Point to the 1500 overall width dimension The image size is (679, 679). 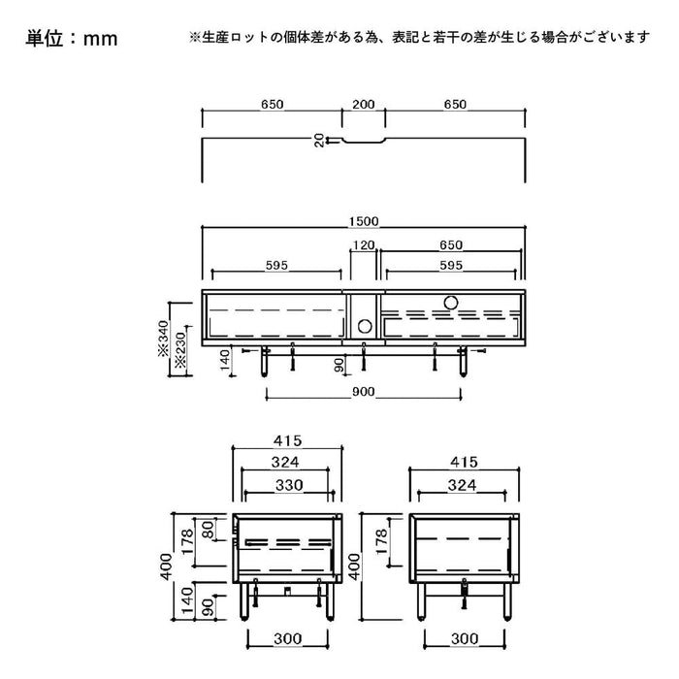364,220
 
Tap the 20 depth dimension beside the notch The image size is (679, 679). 319,140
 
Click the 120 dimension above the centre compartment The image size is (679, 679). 363,245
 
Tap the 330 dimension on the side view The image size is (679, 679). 288,485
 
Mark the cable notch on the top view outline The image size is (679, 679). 364,144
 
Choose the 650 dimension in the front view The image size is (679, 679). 451,245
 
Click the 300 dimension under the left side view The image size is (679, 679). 288,639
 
